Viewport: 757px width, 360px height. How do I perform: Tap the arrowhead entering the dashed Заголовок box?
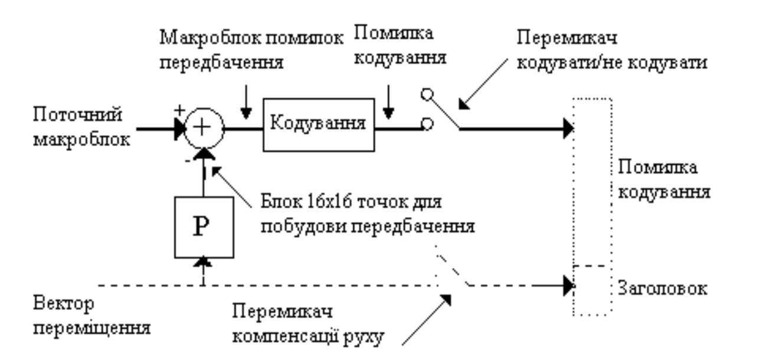569,286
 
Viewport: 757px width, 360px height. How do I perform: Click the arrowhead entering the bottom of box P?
202,260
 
